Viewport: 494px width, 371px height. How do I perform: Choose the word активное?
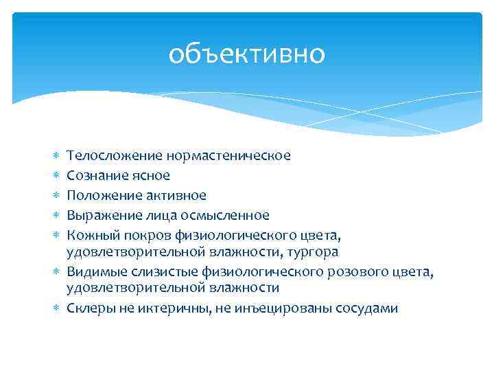click(x=174, y=196)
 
